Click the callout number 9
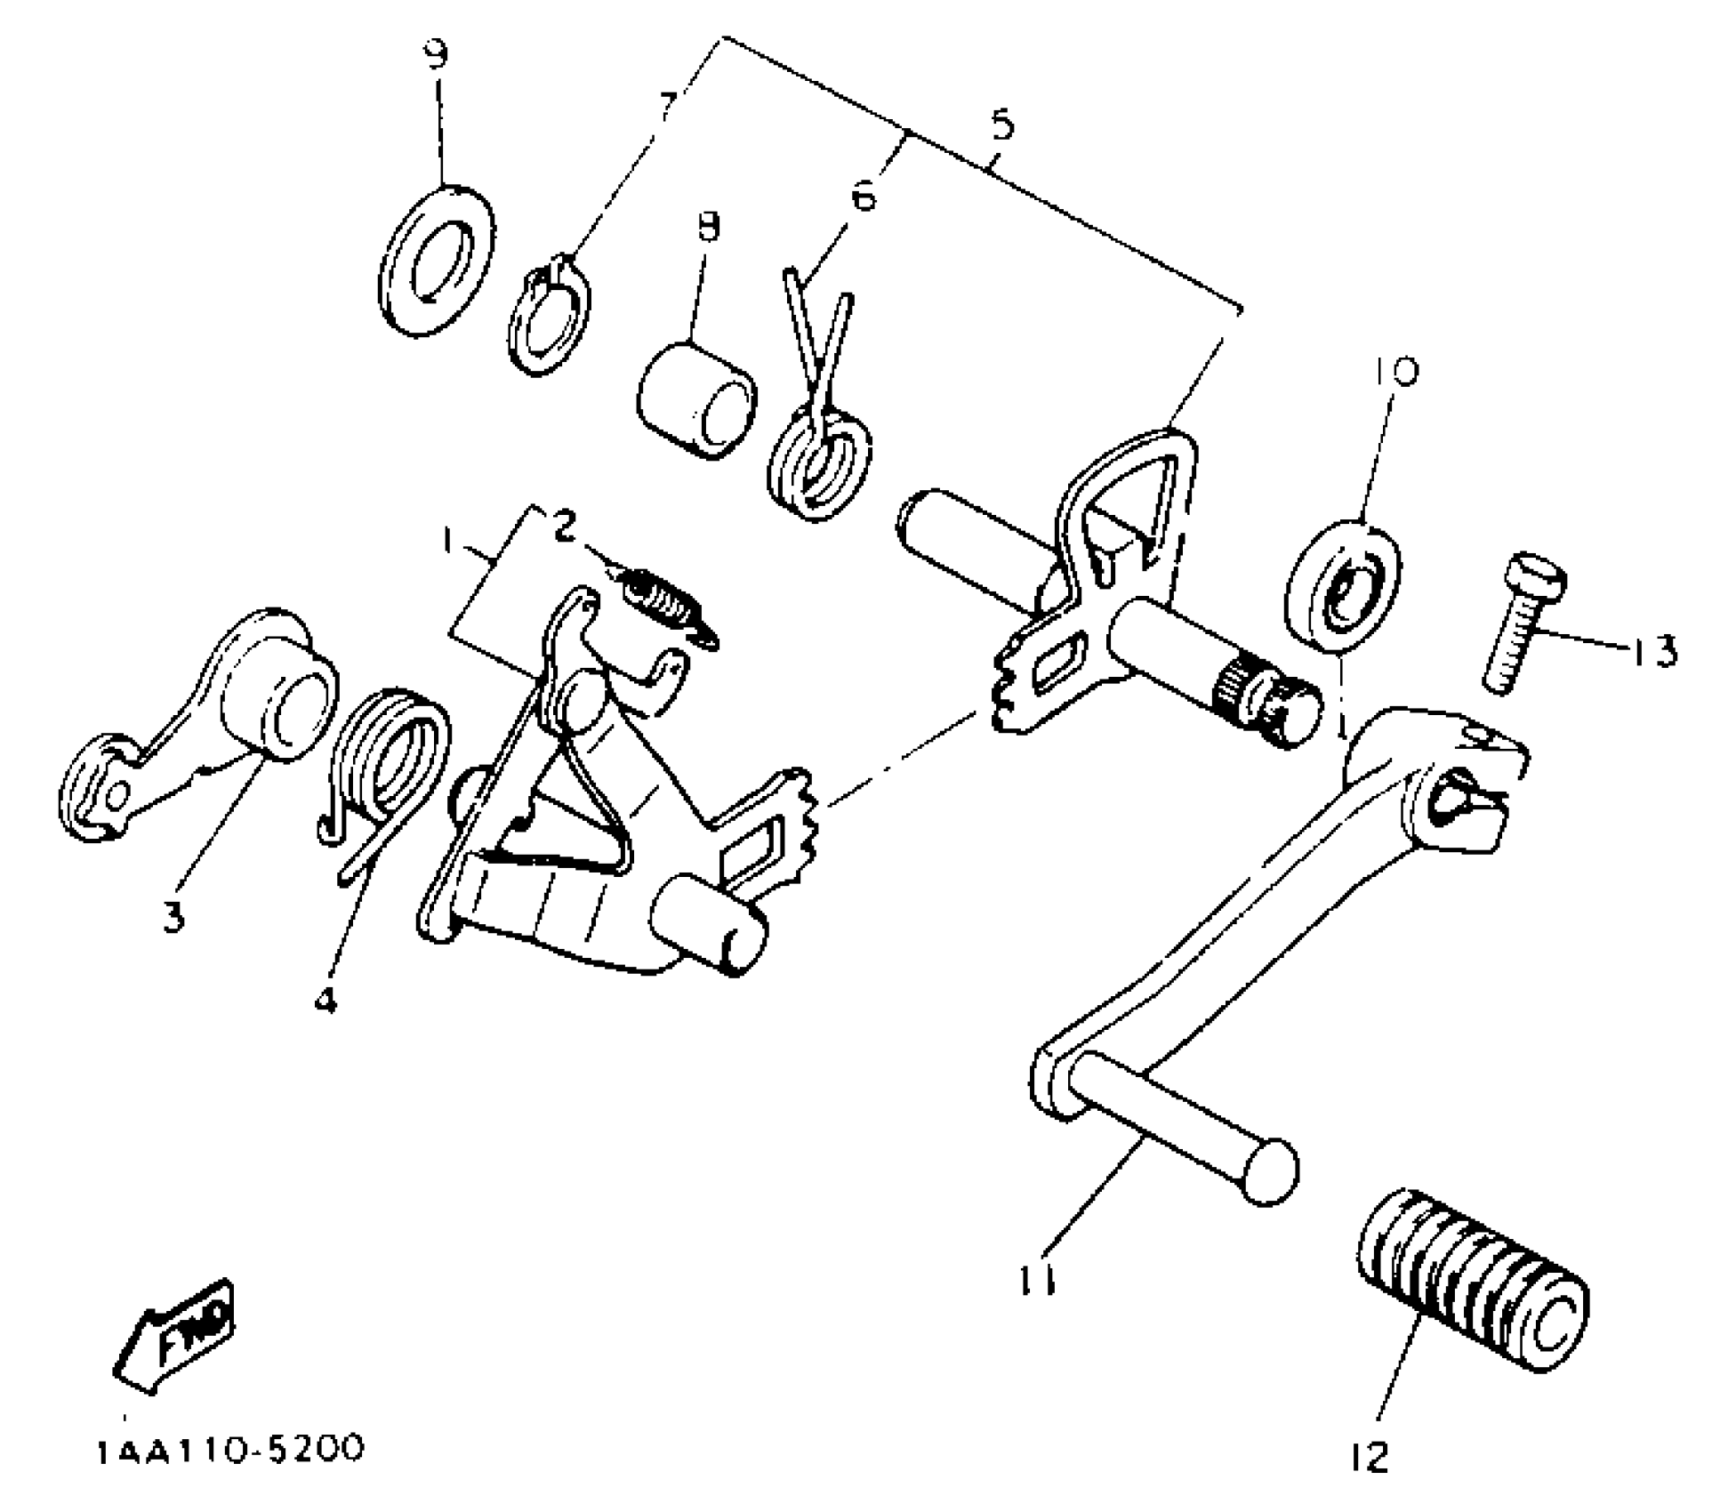pyautogui.click(x=436, y=55)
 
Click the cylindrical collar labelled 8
pyautogui.click(x=696, y=401)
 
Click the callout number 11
pyautogui.click(x=1037, y=1281)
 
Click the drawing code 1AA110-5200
pyautogui.click(x=229, y=1451)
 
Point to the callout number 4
pyautogui.click(x=325, y=1001)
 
